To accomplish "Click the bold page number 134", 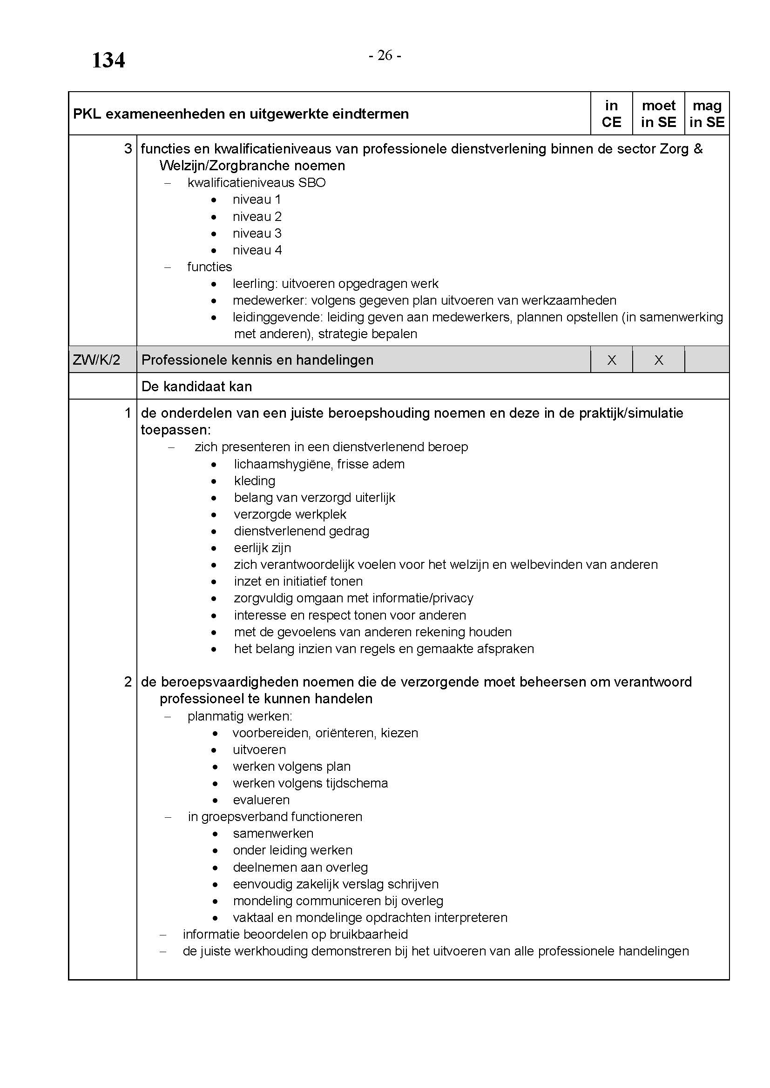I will [x=108, y=60].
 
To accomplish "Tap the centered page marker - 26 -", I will [x=385, y=56].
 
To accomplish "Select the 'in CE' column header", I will [x=611, y=113].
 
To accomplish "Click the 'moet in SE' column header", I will [x=658, y=113].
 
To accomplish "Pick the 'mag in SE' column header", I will [x=707, y=113].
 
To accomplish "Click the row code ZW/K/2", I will [x=96, y=360].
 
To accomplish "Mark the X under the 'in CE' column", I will [x=612, y=360].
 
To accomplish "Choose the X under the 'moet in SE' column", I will [x=659, y=360].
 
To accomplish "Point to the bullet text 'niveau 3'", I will [x=257, y=233].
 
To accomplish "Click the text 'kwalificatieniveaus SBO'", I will [x=257, y=183].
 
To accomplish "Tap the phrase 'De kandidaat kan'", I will [x=197, y=387].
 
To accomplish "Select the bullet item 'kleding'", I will [x=255, y=481].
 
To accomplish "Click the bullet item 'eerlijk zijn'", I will [x=263, y=548].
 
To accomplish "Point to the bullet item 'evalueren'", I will [x=261, y=800].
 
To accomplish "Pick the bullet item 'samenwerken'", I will [x=273, y=834].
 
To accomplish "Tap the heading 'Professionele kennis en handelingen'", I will [x=257, y=360].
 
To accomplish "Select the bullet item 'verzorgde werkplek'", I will [x=290, y=514].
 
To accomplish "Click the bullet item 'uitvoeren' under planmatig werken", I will [x=259, y=750].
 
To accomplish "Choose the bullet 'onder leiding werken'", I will [x=292, y=850].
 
